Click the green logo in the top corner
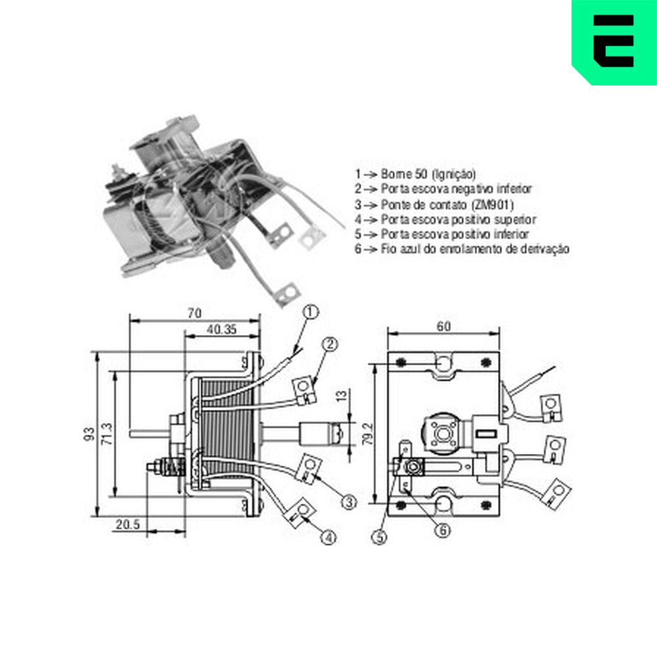[x=614, y=42]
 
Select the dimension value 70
[x=194, y=313]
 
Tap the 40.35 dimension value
[x=221, y=329]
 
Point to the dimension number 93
[x=89, y=434]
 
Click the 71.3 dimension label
[x=107, y=434]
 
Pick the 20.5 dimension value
[x=128, y=524]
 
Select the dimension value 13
[x=342, y=396]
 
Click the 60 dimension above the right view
[x=443, y=327]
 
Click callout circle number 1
[x=311, y=311]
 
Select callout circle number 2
[x=330, y=344]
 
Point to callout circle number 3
[x=349, y=501]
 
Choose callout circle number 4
[x=329, y=537]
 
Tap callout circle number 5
[x=380, y=537]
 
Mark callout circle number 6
[x=442, y=530]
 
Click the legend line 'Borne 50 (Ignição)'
[x=415, y=174]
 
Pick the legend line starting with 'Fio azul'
[x=462, y=249]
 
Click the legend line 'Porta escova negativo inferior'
[x=443, y=189]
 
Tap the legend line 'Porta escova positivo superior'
[x=445, y=219]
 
